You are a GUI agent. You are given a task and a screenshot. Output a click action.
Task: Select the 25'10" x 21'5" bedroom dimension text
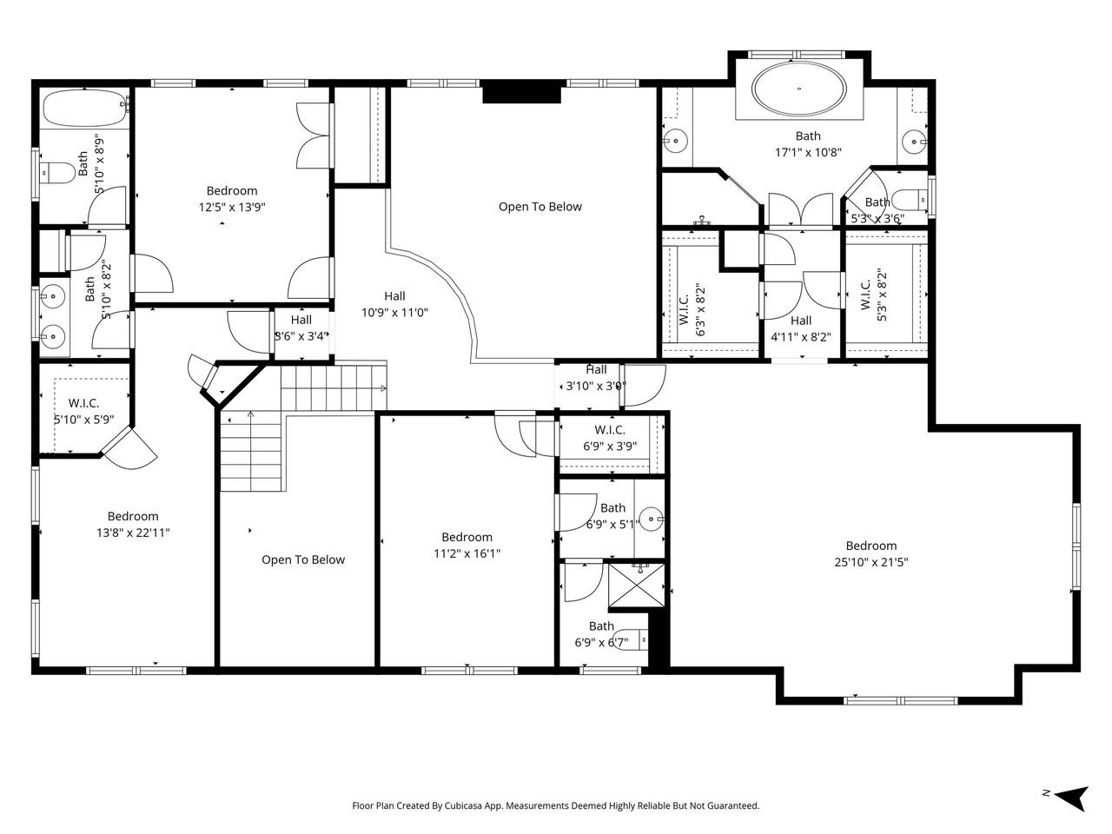pyautogui.click(x=871, y=562)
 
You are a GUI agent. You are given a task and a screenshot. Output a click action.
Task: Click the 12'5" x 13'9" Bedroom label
pyautogui.click(x=232, y=199)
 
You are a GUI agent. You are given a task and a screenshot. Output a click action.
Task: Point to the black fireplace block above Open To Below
pyautogui.click(x=521, y=92)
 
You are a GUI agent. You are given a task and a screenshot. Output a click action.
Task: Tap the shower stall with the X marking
pyautogui.click(x=638, y=589)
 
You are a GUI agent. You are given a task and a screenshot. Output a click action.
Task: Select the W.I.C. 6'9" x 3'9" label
pyautogui.click(x=610, y=438)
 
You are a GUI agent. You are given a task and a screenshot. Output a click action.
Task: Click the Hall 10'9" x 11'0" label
pyautogui.click(x=395, y=304)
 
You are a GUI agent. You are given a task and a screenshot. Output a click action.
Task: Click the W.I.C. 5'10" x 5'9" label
pyautogui.click(x=83, y=411)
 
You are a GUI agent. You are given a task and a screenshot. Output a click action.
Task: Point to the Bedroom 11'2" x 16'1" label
pyautogui.click(x=467, y=545)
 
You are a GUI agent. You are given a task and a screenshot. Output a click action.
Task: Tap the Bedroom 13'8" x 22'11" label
pyautogui.click(x=133, y=524)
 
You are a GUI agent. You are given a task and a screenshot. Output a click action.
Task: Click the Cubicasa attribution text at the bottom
pyautogui.click(x=556, y=805)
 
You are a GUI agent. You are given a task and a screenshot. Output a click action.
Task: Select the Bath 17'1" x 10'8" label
pyautogui.click(x=808, y=143)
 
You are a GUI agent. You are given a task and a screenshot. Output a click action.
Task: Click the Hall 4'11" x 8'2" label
pyautogui.click(x=801, y=328)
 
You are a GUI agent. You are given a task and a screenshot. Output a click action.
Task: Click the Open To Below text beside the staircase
pyautogui.click(x=303, y=559)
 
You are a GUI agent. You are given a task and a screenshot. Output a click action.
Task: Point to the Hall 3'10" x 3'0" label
pyautogui.click(x=596, y=378)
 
